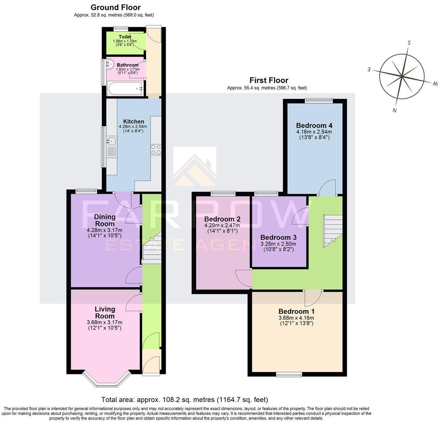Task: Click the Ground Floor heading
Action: pyautogui.click(x=115, y=7)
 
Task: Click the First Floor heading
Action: pyautogui.click(x=268, y=80)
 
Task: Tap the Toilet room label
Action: pyautogui.click(x=125, y=37)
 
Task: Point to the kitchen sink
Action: pyautogui.click(x=111, y=141)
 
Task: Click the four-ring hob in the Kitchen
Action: pyautogui.click(x=156, y=149)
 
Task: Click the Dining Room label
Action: pyautogui.click(x=105, y=220)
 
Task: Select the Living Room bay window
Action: pyautogui.click(x=106, y=379)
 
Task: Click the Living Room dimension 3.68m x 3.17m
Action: pyautogui.click(x=104, y=322)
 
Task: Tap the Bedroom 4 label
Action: pyautogui.click(x=314, y=126)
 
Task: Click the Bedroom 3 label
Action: pyautogui.click(x=278, y=237)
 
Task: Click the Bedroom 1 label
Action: pyautogui.click(x=296, y=311)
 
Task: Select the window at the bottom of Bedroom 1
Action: pyautogui.click(x=289, y=374)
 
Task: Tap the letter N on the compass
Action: pyautogui.click(x=394, y=111)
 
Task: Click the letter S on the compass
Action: pyautogui.click(x=410, y=42)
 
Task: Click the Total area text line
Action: pyautogui.click(x=185, y=400)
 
